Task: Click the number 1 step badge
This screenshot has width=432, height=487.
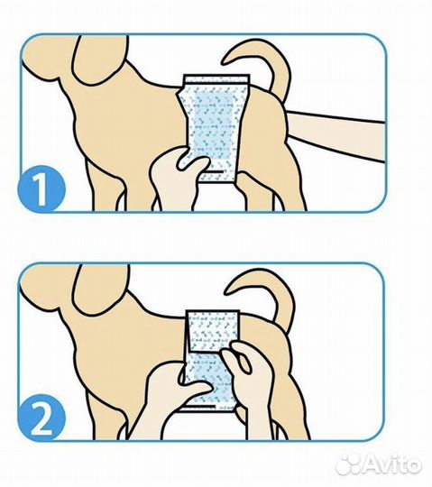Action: (x=41, y=188)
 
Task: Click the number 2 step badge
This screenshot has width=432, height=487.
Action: (x=41, y=418)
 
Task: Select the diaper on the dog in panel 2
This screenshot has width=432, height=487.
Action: (x=211, y=360)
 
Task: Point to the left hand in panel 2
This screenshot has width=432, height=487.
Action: (x=168, y=404)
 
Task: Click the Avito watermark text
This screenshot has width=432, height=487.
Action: (x=392, y=465)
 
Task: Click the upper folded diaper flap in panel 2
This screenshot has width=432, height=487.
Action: (x=214, y=330)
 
